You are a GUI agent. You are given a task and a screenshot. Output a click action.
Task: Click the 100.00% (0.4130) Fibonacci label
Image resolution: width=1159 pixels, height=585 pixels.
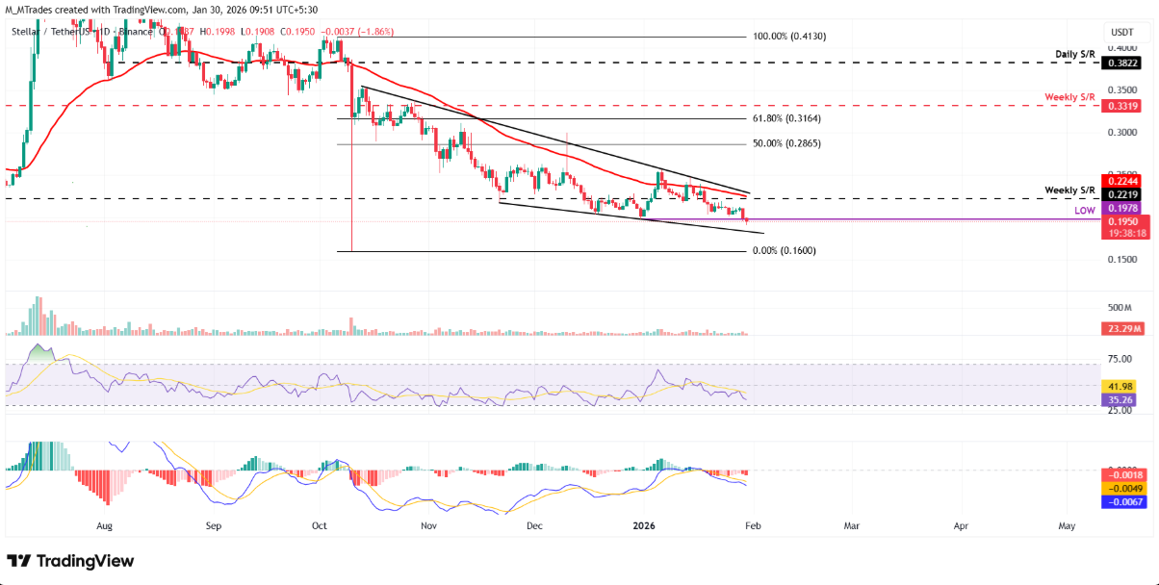click(x=788, y=37)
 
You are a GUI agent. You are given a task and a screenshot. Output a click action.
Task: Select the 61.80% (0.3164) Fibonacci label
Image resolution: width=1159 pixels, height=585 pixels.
click(x=786, y=119)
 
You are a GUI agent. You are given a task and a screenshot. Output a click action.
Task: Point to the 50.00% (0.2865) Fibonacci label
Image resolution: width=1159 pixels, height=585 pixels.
click(x=786, y=143)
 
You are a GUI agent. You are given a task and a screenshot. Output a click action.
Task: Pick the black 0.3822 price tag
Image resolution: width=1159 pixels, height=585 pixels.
click(x=1120, y=63)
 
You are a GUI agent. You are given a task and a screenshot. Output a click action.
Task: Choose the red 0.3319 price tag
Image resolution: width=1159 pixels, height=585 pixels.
click(x=1120, y=107)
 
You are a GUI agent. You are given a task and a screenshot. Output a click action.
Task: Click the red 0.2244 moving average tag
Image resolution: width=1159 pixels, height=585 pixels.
click(x=1120, y=180)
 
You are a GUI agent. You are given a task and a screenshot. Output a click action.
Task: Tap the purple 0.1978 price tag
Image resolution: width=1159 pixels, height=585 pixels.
click(x=1120, y=208)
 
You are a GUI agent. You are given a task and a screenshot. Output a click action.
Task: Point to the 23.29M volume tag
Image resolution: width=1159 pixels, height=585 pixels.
click(x=1120, y=329)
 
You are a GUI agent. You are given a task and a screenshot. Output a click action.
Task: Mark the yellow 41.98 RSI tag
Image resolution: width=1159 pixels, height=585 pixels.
click(x=1120, y=386)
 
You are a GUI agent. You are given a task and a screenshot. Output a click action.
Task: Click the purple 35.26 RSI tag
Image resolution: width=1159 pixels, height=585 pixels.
click(x=1120, y=399)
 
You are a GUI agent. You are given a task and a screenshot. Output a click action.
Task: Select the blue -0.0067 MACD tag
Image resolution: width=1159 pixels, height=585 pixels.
click(x=1120, y=501)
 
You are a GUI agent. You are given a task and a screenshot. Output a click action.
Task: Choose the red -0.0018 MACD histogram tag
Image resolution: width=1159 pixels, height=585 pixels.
click(x=1120, y=475)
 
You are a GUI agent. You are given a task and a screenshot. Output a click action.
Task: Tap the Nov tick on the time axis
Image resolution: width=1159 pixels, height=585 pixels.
click(x=429, y=527)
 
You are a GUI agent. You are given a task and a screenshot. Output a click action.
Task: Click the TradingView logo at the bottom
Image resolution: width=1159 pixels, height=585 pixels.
click(x=71, y=561)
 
